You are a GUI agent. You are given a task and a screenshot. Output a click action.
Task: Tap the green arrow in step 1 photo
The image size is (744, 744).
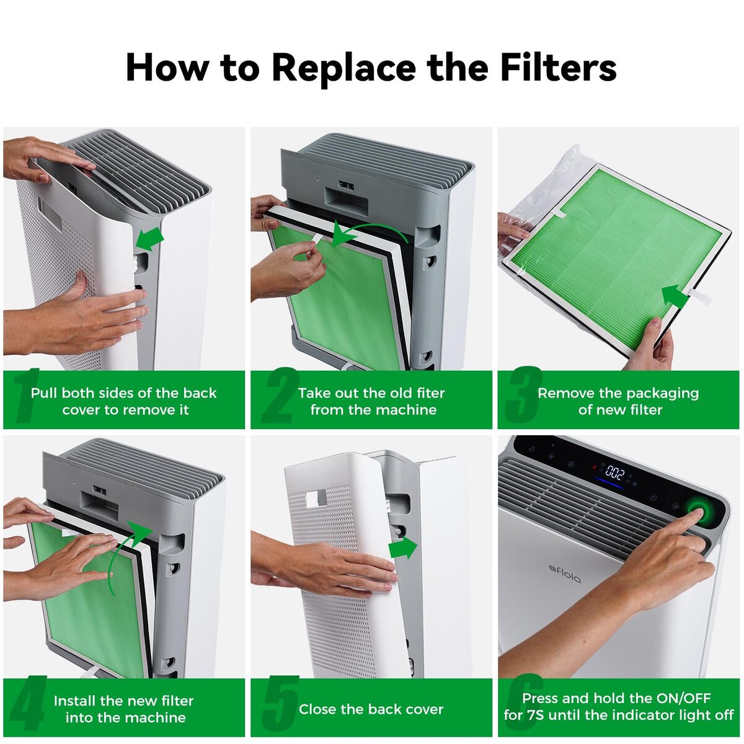click(x=150, y=238)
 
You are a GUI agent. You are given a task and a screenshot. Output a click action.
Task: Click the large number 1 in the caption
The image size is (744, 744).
click(x=26, y=395)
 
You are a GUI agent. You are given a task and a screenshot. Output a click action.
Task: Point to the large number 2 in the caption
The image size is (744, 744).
click(x=280, y=395)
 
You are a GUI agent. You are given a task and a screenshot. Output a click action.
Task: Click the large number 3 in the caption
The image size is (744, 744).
click(x=524, y=395)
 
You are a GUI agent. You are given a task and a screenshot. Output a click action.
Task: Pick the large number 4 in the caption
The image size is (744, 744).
click(x=29, y=703)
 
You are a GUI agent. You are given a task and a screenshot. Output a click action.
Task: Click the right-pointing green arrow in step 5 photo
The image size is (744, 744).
click(x=403, y=548)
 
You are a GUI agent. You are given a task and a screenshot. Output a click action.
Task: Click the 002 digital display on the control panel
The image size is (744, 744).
click(x=615, y=472)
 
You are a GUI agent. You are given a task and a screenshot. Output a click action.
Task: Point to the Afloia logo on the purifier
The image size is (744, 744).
click(x=564, y=573)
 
